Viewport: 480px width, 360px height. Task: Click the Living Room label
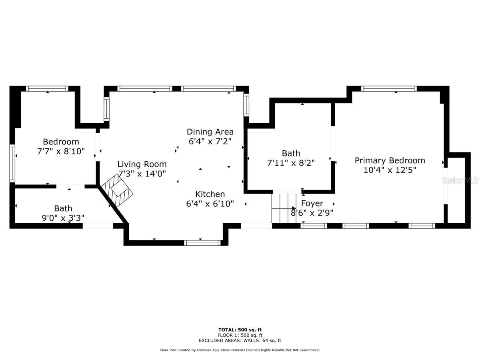[x=142, y=164]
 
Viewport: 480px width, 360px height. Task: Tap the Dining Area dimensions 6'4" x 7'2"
[x=210, y=142]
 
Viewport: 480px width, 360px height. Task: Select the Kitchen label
[x=210, y=194]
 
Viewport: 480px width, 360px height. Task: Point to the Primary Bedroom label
[x=390, y=161]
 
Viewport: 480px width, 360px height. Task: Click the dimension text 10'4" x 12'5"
[x=390, y=170]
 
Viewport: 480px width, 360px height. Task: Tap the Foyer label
[x=312, y=204]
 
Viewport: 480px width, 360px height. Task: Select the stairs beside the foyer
[x=284, y=208]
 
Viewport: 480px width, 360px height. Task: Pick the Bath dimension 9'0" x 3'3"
[x=63, y=218]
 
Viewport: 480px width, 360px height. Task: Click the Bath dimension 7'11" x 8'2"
[x=291, y=163]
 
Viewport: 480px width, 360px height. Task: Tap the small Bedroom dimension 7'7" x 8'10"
[x=61, y=151]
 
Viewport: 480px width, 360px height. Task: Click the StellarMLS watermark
[x=460, y=180]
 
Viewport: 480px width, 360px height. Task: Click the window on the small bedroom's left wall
[x=12, y=163]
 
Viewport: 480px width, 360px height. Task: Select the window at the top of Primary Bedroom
[x=389, y=88]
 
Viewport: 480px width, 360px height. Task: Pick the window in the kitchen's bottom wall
[x=202, y=243]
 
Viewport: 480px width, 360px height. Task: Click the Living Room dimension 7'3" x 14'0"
[x=142, y=174]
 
